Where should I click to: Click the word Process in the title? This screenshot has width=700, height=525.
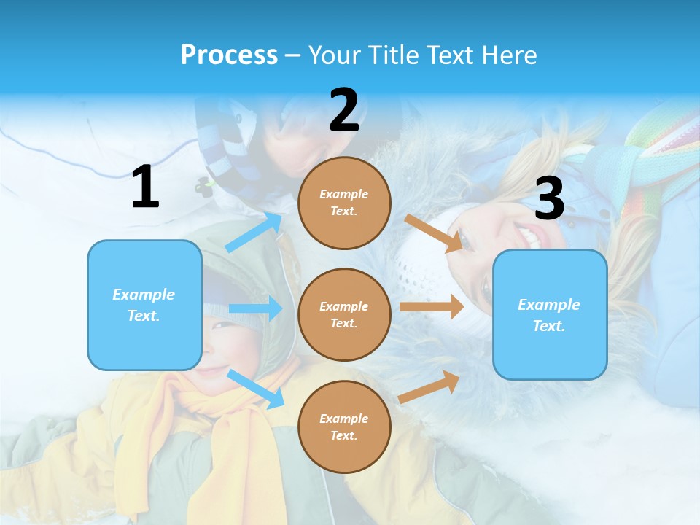pos(229,55)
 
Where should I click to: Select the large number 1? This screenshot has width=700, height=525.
pos(145,187)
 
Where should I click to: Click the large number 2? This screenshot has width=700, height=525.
pos(344,110)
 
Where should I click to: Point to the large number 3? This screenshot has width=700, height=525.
pos(549,198)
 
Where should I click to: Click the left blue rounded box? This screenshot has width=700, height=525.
pos(144,305)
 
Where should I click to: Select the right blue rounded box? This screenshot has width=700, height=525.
pos(550,314)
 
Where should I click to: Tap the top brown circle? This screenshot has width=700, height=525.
pos(344,203)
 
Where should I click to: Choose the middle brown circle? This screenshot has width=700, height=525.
pos(344,314)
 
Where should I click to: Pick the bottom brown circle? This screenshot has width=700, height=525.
pos(344,427)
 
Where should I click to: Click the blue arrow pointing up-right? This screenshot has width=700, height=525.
pos(254,232)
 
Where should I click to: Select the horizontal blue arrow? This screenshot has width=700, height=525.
pos(255,308)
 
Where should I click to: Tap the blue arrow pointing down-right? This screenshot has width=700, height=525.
pos(256,389)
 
